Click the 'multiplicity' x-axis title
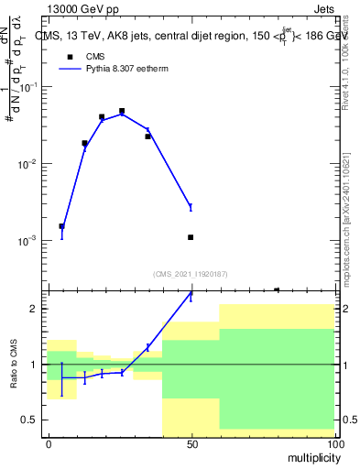(306, 456)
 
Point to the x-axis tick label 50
(191, 444)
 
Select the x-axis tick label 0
(49, 444)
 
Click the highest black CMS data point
(122, 111)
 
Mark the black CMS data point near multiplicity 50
(191, 237)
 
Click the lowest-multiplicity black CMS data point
(61, 226)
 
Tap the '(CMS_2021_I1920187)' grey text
(190, 273)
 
